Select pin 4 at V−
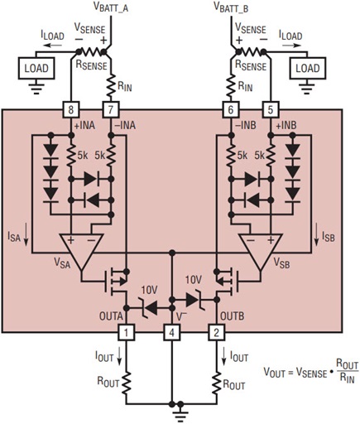tap(171, 333)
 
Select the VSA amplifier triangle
tap(81, 248)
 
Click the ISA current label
tap(16, 237)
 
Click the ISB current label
tap(329, 237)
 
